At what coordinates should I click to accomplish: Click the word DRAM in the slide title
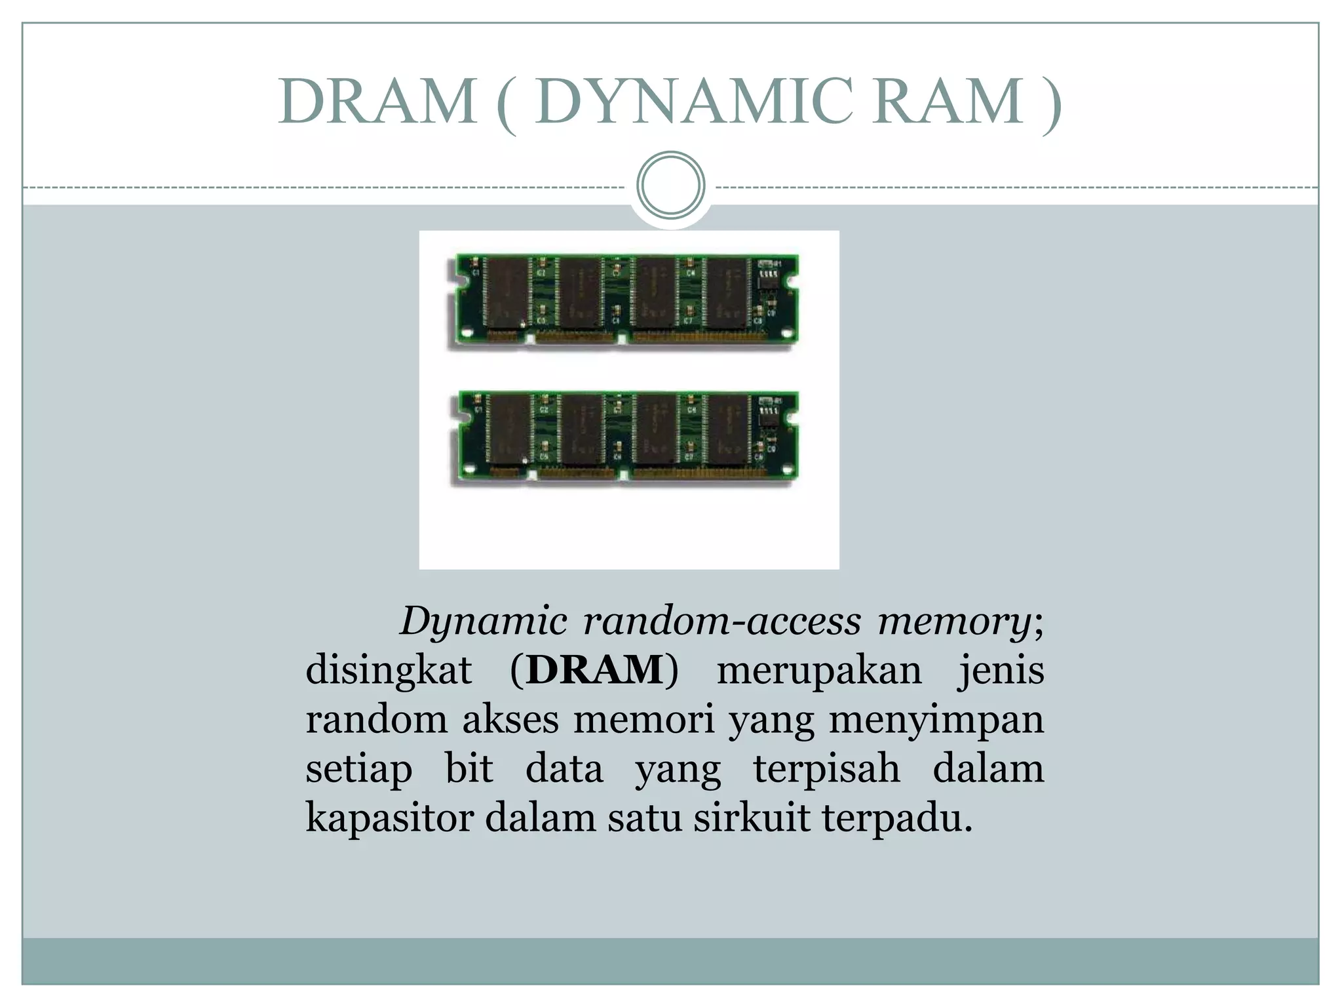(x=377, y=102)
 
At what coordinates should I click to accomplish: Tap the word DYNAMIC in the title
(x=694, y=102)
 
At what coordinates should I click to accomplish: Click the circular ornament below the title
(x=670, y=185)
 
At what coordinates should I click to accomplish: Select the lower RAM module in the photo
(x=623, y=435)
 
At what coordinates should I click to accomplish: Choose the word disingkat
(x=389, y=670)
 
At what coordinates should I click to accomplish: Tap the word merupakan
(x=819, y=670)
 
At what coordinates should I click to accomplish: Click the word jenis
(x=1001, y=670)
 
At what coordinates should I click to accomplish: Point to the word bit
(x=469, y=768)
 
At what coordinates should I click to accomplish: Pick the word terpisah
(x=826, y=768)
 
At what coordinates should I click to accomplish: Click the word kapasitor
(x=389, y=818)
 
